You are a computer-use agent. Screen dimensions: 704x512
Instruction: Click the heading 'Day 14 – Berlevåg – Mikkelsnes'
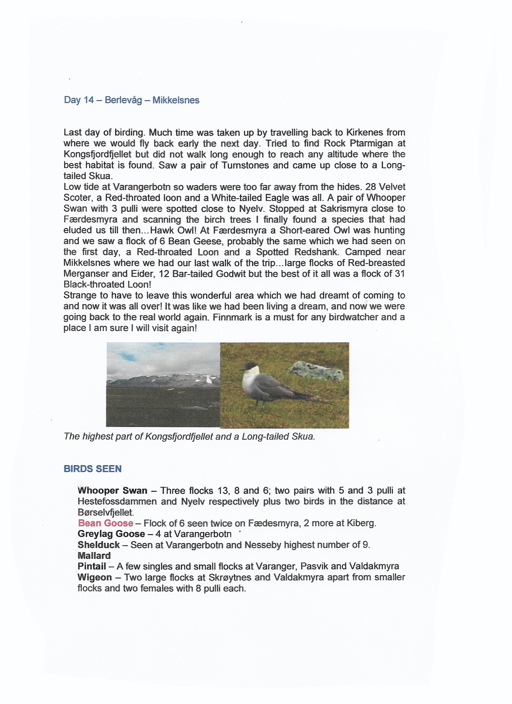click(x=132, y=100)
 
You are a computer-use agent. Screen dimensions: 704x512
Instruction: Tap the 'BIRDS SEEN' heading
click(x=92, y=469)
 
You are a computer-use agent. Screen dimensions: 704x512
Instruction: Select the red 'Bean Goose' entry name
click(x=106, y=523)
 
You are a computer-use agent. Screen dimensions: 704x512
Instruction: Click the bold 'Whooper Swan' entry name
click(x=112, y=491)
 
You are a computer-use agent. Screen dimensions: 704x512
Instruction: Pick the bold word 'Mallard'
click(x=94, y=556)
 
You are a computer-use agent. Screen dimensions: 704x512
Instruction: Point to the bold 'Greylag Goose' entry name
click(x=111, y=534)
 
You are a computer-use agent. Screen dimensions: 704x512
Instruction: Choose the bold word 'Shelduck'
click(x=99, y=545)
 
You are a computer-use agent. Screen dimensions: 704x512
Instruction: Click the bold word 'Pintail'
click(x=92, y=566)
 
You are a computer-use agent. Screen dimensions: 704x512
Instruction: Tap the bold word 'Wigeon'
click(x=95, y=577)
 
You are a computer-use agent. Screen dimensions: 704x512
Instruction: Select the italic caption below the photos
click(x=189, y=436)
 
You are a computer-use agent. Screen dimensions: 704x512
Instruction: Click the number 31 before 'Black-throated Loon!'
click(x=400, y=274)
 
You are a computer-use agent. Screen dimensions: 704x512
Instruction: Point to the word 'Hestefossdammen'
click(x=117, y=501)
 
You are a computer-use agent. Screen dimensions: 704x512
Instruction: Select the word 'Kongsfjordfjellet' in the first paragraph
click(x=97, y=154)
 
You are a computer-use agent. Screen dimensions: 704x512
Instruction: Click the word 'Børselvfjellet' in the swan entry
click(x=105, y=512)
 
